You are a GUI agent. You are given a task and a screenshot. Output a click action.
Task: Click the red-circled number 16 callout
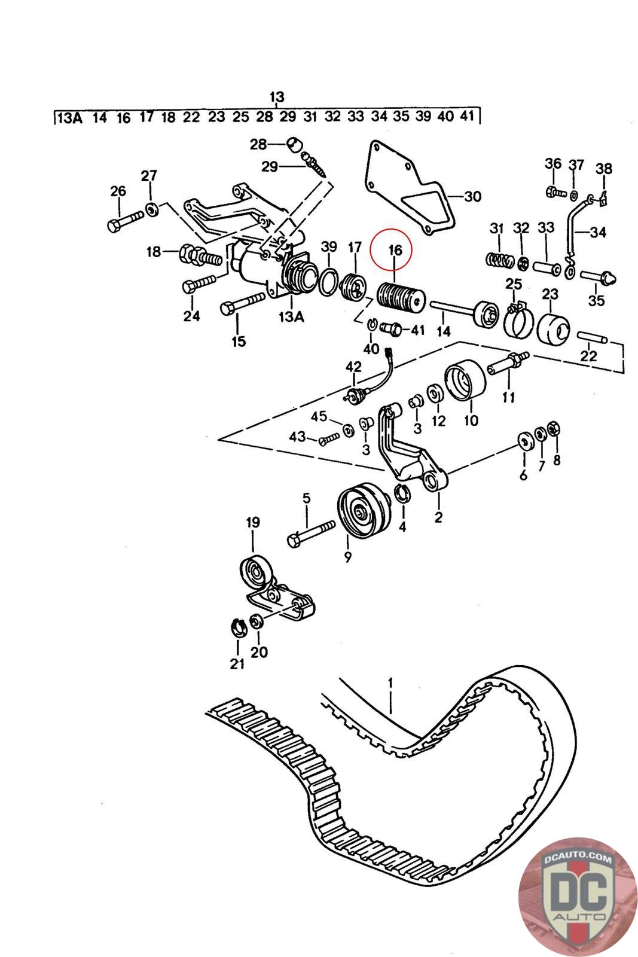pyautogui.click(x=395, y=250)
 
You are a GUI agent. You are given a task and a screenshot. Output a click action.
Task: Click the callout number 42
pyautogui.click(x=354, y=365)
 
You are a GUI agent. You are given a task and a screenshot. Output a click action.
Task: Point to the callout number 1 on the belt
pyautogui.click(x=390, y=682)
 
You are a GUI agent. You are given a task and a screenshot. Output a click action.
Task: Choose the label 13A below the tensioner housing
pyautogui.click(x=291, y=317)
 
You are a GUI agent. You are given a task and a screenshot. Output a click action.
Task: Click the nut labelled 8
pyautogui.click(x=553, y=429)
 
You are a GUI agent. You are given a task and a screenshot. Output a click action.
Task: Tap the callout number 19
pyautogui.click(x=253, y=522)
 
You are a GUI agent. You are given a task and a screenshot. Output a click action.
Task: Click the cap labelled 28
pyautogui.click(x=294, y=144)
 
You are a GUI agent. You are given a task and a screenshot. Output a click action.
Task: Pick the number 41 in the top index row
pyautogui.click(x=467, y=117)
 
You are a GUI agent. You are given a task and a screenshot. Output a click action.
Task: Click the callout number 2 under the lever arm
pyautogui.click(x=438, y=517)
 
